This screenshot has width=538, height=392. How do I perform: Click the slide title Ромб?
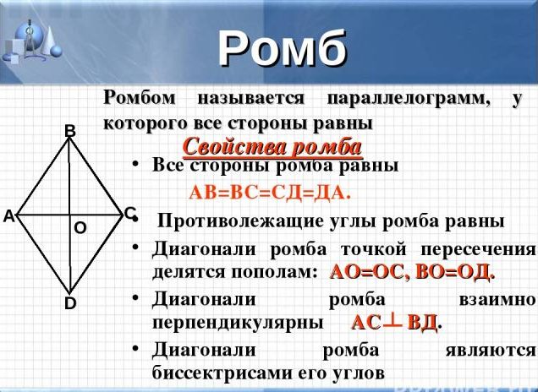pos(283,48)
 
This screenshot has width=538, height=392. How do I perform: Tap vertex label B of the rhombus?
pos(70,131)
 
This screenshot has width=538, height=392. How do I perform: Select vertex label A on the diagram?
pos(8,216)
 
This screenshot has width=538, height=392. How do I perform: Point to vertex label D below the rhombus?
pos(70,303)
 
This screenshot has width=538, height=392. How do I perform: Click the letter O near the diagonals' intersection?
pos(80,228)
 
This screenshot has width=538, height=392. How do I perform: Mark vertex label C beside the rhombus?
pos(129,214)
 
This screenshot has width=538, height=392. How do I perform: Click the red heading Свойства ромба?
pos(272,147)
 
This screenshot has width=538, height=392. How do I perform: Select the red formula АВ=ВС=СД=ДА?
pos(270,193)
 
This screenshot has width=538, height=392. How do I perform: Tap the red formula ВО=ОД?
pos(453,272)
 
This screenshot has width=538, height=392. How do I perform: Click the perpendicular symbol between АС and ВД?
pos(393,322)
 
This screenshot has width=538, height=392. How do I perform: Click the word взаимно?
pos(497,300)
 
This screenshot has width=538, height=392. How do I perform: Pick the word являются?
pos(491,351)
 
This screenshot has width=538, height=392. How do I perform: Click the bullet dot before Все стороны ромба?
pos(136,165)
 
